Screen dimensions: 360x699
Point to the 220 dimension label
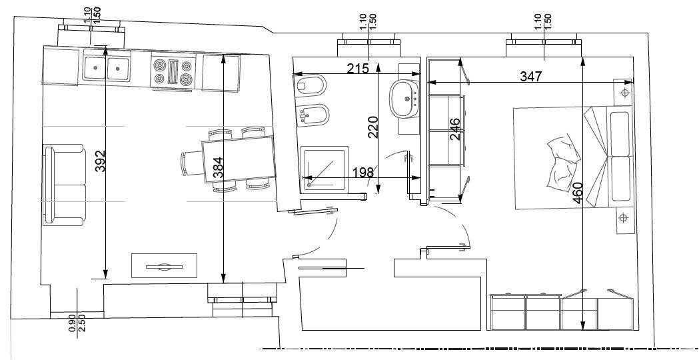(373, 127)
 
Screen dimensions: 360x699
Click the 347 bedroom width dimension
(530, 77)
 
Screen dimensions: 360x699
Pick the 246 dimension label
(454, 129)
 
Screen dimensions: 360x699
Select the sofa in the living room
(64, 185)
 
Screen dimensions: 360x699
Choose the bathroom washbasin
(404, 98)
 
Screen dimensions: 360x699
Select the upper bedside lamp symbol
(625, 91)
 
